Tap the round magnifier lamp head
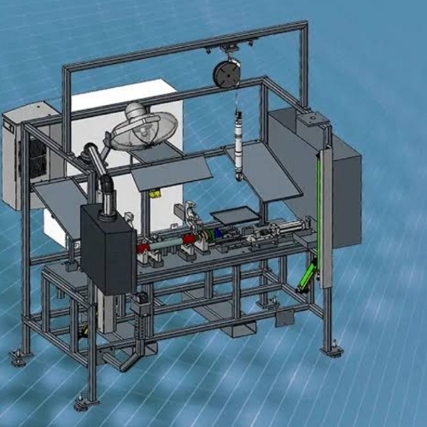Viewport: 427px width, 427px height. [x=144, y=126]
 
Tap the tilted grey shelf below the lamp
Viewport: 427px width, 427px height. [x=171, y=175]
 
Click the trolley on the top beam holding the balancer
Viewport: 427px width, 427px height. [x=227, y=48]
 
